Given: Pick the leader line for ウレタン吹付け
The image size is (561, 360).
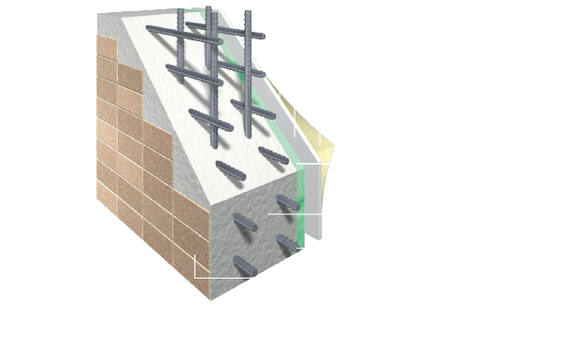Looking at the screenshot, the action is (323, 165).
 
